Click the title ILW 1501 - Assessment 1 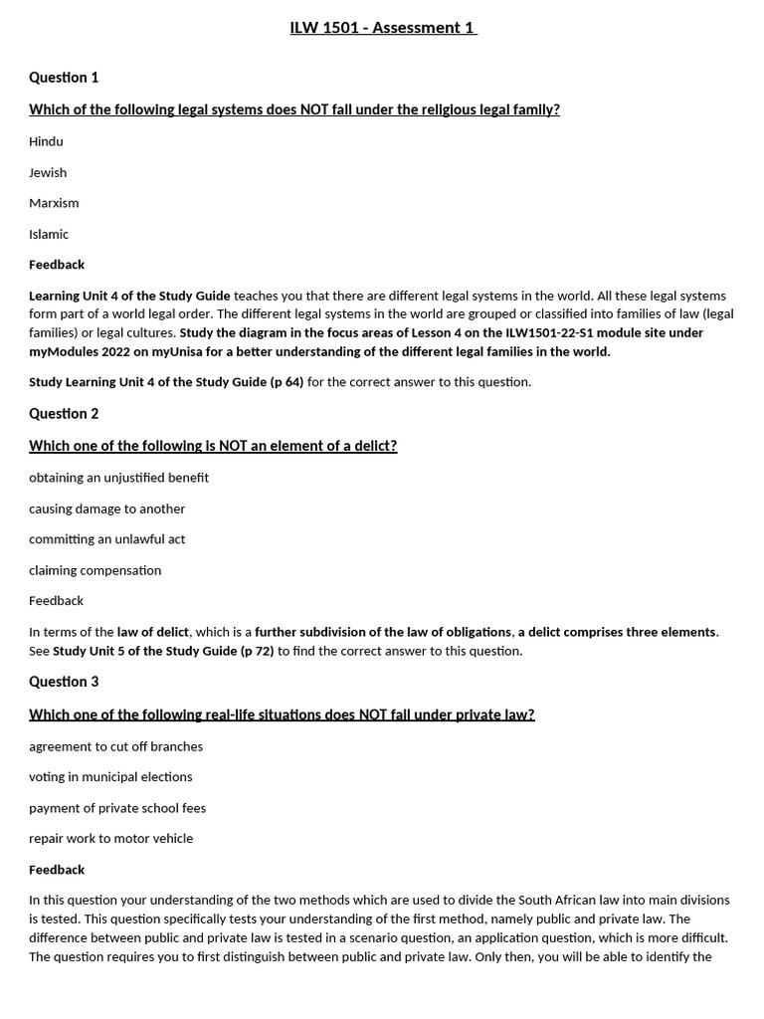[383, 28]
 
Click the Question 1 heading [64, 78]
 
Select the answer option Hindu [46, 141]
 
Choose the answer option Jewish [48, 172]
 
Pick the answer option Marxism [54, 203]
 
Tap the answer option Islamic [49, 234]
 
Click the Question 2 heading [64, 414]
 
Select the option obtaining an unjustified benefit [118, 478]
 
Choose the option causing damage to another [106, 509]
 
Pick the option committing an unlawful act [106, 539]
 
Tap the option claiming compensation [95, 570]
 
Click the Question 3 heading [64, 682]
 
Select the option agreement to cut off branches [115, 746]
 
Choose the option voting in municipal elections [110, 776]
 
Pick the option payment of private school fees [117, 808]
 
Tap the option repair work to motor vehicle [110, 838]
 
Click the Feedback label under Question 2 [56, 601]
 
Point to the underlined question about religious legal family [294, 109]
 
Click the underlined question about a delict [213, 446]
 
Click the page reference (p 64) [286, 382]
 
